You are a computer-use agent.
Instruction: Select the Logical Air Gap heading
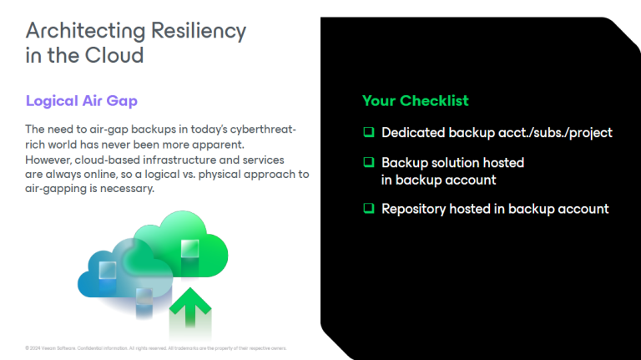click(x=82, y=101)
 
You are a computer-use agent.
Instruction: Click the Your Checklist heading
click(x=415, y=101)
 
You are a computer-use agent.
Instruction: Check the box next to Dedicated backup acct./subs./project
click(x=368, y=133)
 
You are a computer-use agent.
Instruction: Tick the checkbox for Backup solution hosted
click(x=368, y=163)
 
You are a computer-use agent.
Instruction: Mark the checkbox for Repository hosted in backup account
click(x=368, y=209)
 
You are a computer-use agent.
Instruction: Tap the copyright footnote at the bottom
click(x=156, y=347)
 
